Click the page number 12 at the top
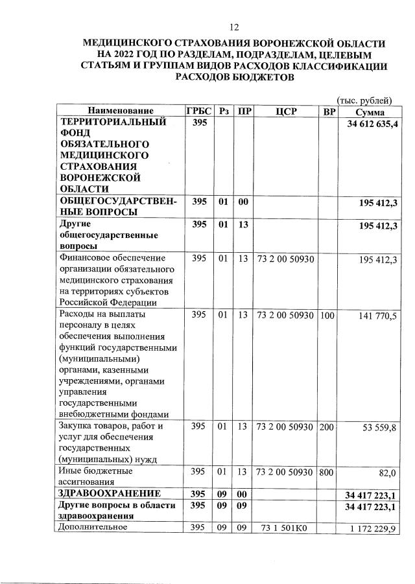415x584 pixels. click(x=234, y=27)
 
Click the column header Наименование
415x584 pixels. click(x=121, y=111)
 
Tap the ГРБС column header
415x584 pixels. click(x=198, y=111)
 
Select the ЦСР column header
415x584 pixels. click(x=286, y=111)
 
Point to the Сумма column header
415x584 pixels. click(x=366, y=111)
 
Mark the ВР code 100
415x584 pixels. click(x=328, y=316)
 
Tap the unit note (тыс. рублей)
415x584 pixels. click(x=364, y=100)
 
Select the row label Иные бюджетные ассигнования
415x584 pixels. click(x=96, y=476)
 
